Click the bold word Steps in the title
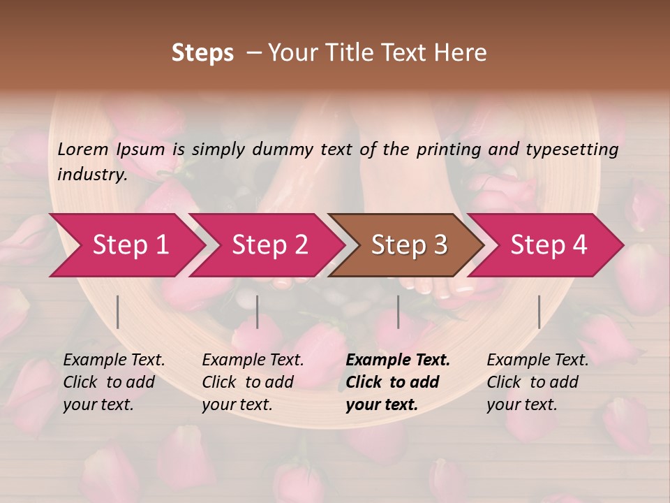coord(202,53)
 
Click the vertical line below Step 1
coord(118,312)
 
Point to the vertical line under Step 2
coord(258,312)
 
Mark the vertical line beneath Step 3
coord(398,312)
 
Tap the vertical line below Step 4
coord(539,312)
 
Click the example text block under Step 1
coord(114,382)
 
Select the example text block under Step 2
coord(253,382)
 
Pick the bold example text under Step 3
coord(398,382)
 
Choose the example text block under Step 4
coord(537,382)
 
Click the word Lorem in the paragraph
coord(83,149)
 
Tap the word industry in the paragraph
coord(92,174)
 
